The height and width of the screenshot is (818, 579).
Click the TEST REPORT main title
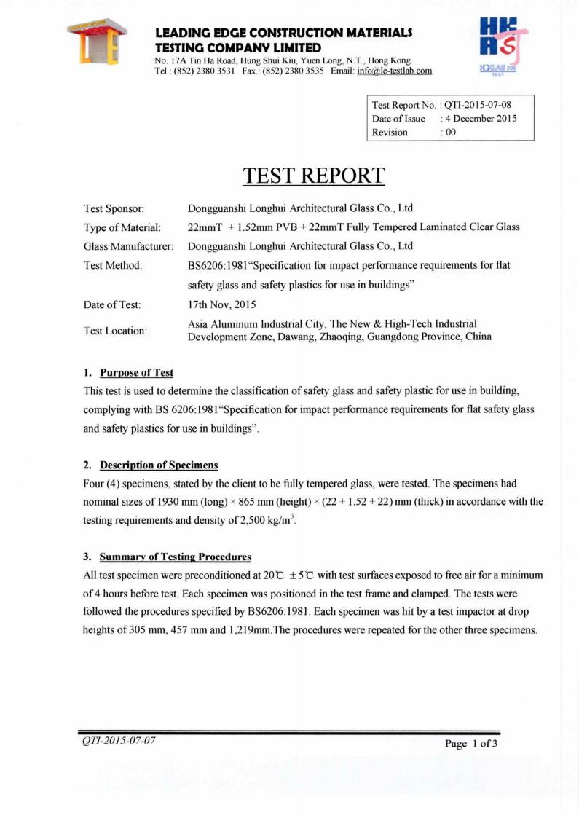tap(313, 175)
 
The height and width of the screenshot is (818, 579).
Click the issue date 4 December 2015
tap(481, 119)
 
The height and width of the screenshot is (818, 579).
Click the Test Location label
tap(116, 330)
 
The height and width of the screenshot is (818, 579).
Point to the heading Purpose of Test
tap(136, 373)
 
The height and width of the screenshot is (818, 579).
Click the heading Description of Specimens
tap(159, 465)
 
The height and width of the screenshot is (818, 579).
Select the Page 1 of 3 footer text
tap(470, 744)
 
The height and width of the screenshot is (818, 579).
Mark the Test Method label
tap(113, 265)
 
